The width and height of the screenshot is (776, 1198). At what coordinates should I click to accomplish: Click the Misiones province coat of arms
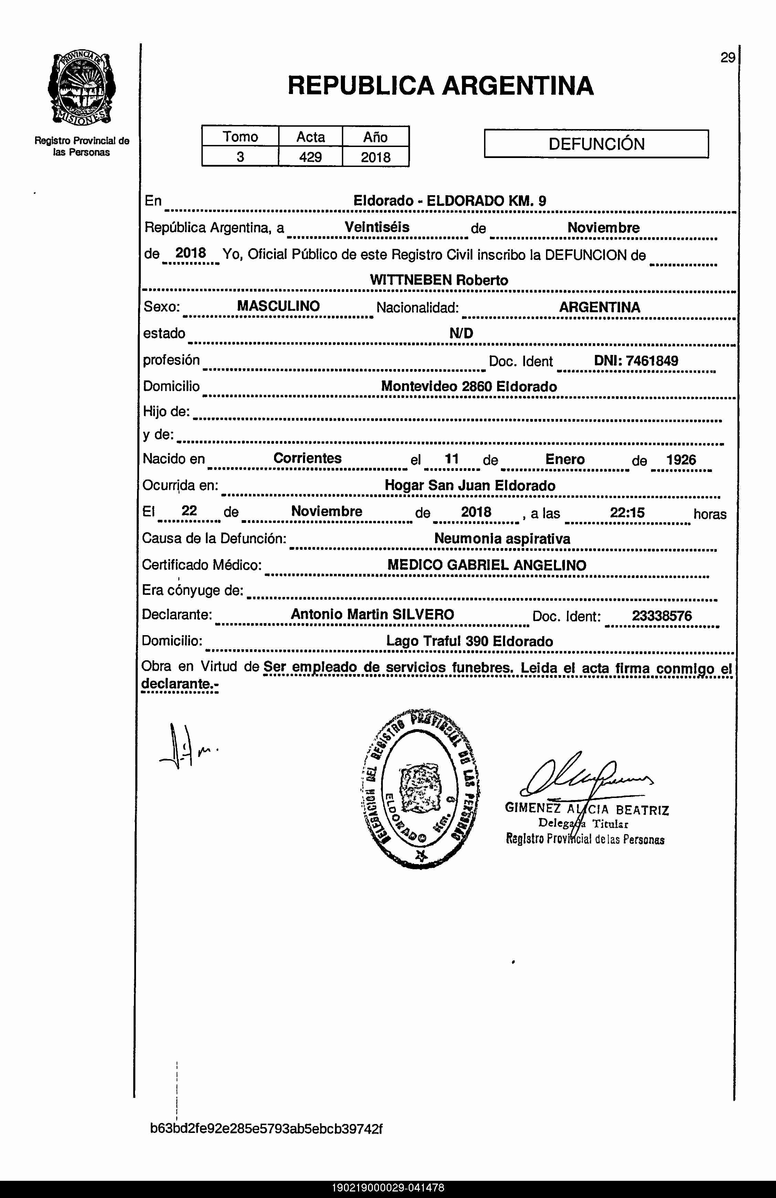(x=82, y=89)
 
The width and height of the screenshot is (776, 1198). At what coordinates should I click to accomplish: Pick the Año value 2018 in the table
(x=375, y=157)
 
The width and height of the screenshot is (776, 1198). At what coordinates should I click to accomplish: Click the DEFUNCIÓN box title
(x=596, y=144)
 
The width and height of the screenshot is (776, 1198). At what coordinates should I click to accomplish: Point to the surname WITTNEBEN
(x=411, y=280)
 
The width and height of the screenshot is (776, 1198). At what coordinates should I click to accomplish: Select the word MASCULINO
(x=278, y=306)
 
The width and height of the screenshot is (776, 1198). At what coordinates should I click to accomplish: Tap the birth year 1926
(x=681, y=459)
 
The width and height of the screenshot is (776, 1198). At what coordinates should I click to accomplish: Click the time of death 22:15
(x=627, y=513)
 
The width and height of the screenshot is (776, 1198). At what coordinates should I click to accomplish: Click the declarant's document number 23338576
(x=662, y=616)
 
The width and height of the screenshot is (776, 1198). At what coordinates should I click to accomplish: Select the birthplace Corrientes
(x=307, y=458)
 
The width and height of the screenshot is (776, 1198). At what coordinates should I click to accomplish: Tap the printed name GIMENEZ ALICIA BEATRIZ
(x=587, y=809)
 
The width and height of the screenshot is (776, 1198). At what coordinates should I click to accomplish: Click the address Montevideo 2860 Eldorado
(x=469, y=387)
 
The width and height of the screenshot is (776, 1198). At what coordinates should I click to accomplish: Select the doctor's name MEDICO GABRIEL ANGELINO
(x=487, y=565)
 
